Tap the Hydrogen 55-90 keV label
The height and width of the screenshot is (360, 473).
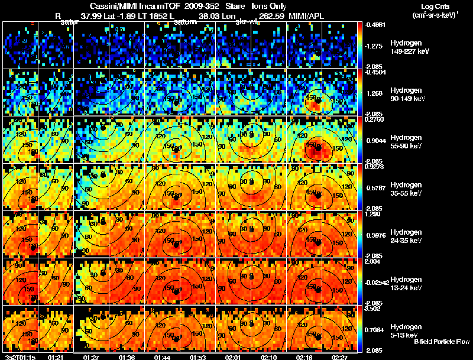405,142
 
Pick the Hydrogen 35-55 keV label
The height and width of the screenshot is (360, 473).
405,189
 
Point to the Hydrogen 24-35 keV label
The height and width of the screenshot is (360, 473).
405,236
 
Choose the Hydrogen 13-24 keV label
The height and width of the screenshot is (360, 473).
405,283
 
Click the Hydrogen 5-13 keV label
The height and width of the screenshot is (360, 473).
405,330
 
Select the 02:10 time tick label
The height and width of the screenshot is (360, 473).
272,357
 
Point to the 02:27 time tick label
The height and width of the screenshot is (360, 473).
340,357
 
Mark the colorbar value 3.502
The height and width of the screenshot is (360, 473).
374,308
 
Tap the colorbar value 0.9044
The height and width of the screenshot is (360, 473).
374,142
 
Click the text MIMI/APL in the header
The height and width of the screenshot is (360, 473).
307,16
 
